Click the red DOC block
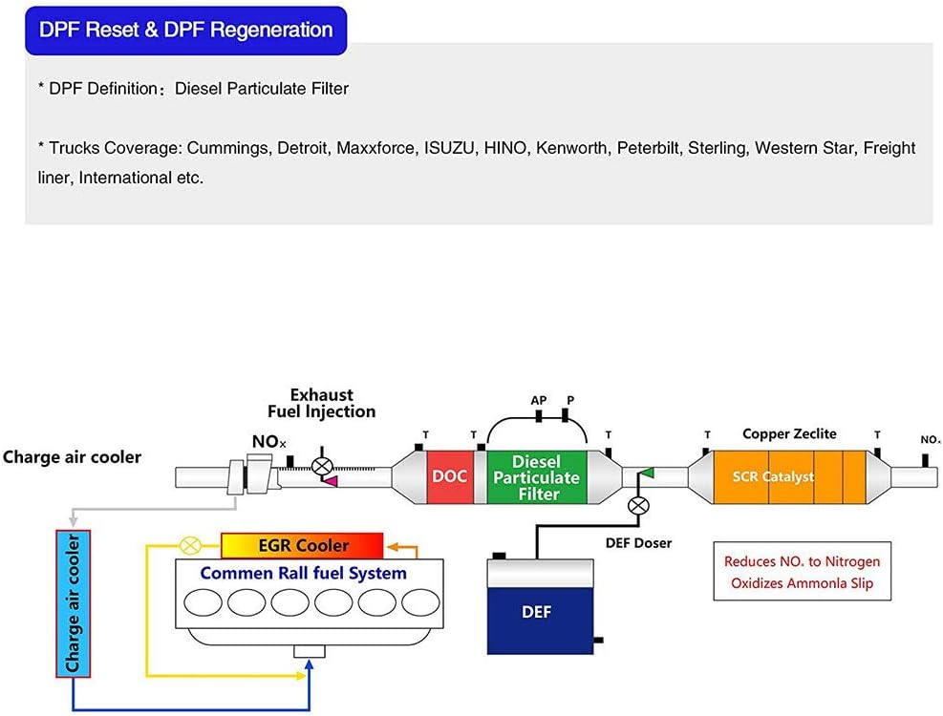[x=449, y=474]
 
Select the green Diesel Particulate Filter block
[x=538, y=476]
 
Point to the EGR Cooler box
[x=301, y=546]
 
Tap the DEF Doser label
[x=639, y=543]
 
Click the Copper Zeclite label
[x=789, y=434]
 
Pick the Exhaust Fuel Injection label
[x=321, y=403]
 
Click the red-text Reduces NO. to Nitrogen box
[x=802, y=572]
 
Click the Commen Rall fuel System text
[x=303, y=574]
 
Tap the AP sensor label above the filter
[x=539, y=400]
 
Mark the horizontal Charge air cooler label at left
[x=72, y=457]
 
